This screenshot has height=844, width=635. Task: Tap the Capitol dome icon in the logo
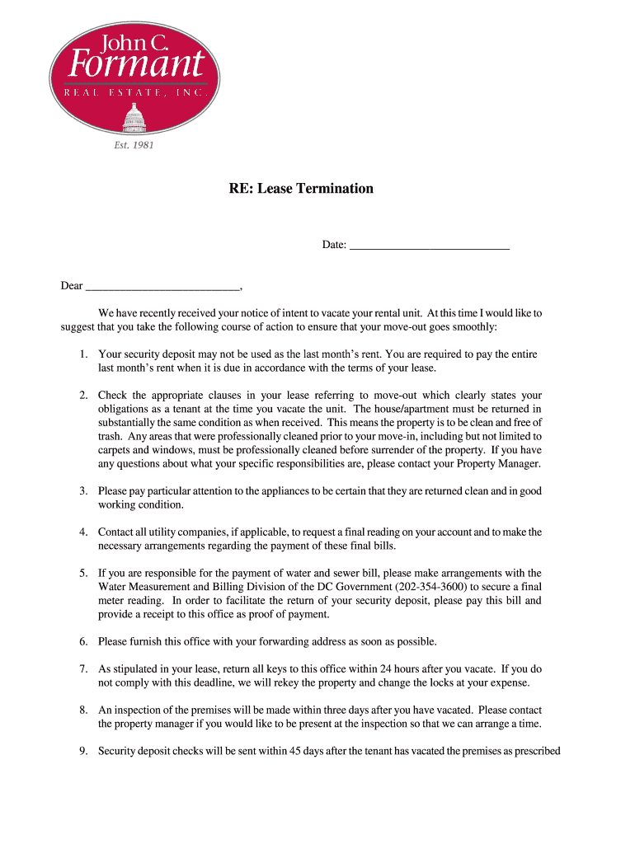click(x=132, y=118)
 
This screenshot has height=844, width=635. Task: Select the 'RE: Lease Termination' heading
click(x=301, y=189)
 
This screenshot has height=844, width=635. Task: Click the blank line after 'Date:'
click(x=429, y=244)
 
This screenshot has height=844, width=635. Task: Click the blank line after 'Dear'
click(x=162, y=285)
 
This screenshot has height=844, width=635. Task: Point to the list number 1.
click(x=83, y=354)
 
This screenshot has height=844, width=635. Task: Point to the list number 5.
click(x=83, y=573)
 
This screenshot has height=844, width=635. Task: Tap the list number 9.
click(x=83, y=751)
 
